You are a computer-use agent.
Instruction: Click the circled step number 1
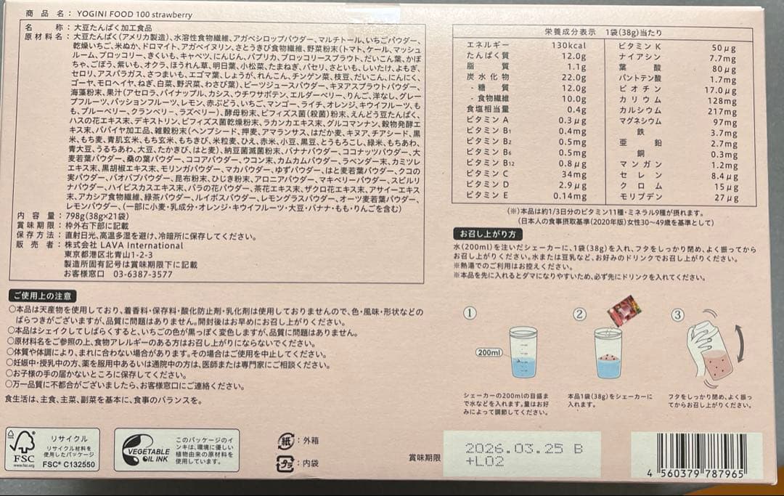(x=470, y=314)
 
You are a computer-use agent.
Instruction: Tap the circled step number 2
(x=579, y=314)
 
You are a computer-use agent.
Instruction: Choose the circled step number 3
(x=677, y=314)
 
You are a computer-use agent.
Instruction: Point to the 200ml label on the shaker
(x=489, y=352)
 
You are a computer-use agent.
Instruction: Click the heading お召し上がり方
(x=487, y=234)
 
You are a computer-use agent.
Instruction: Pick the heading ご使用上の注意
(x=41, y=296)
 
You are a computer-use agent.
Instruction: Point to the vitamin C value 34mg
(x=573, y=175)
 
